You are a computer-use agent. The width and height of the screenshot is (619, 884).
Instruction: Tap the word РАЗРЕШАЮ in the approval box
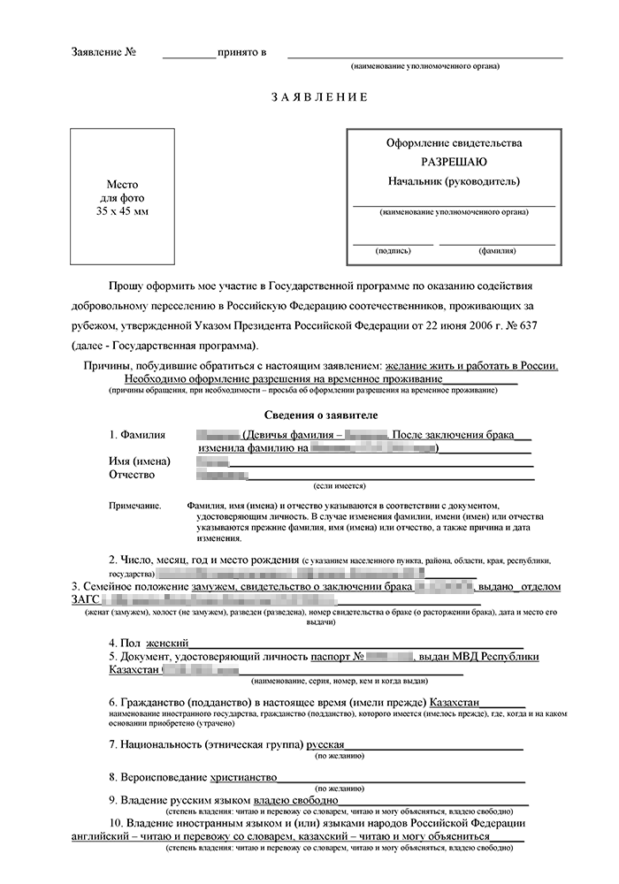[x=454, y=162]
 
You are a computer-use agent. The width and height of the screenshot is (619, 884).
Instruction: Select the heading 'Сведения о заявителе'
[x=321, y=415]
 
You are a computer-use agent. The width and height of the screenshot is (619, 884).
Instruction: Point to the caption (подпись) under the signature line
[x=393, y=251]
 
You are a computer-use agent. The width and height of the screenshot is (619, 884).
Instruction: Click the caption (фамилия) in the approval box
[x=498, y=251]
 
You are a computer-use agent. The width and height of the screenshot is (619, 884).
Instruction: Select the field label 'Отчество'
[x=132, y=476]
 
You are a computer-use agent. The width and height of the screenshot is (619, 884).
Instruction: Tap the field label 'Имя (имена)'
[x=140, y=461]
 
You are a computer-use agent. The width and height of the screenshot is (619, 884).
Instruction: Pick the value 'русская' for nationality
[x=325, y=744]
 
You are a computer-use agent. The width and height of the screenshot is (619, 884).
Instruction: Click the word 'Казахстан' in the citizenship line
[x=460, y=701]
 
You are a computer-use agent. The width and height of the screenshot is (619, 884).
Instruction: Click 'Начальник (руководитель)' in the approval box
[x=454, y=181]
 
